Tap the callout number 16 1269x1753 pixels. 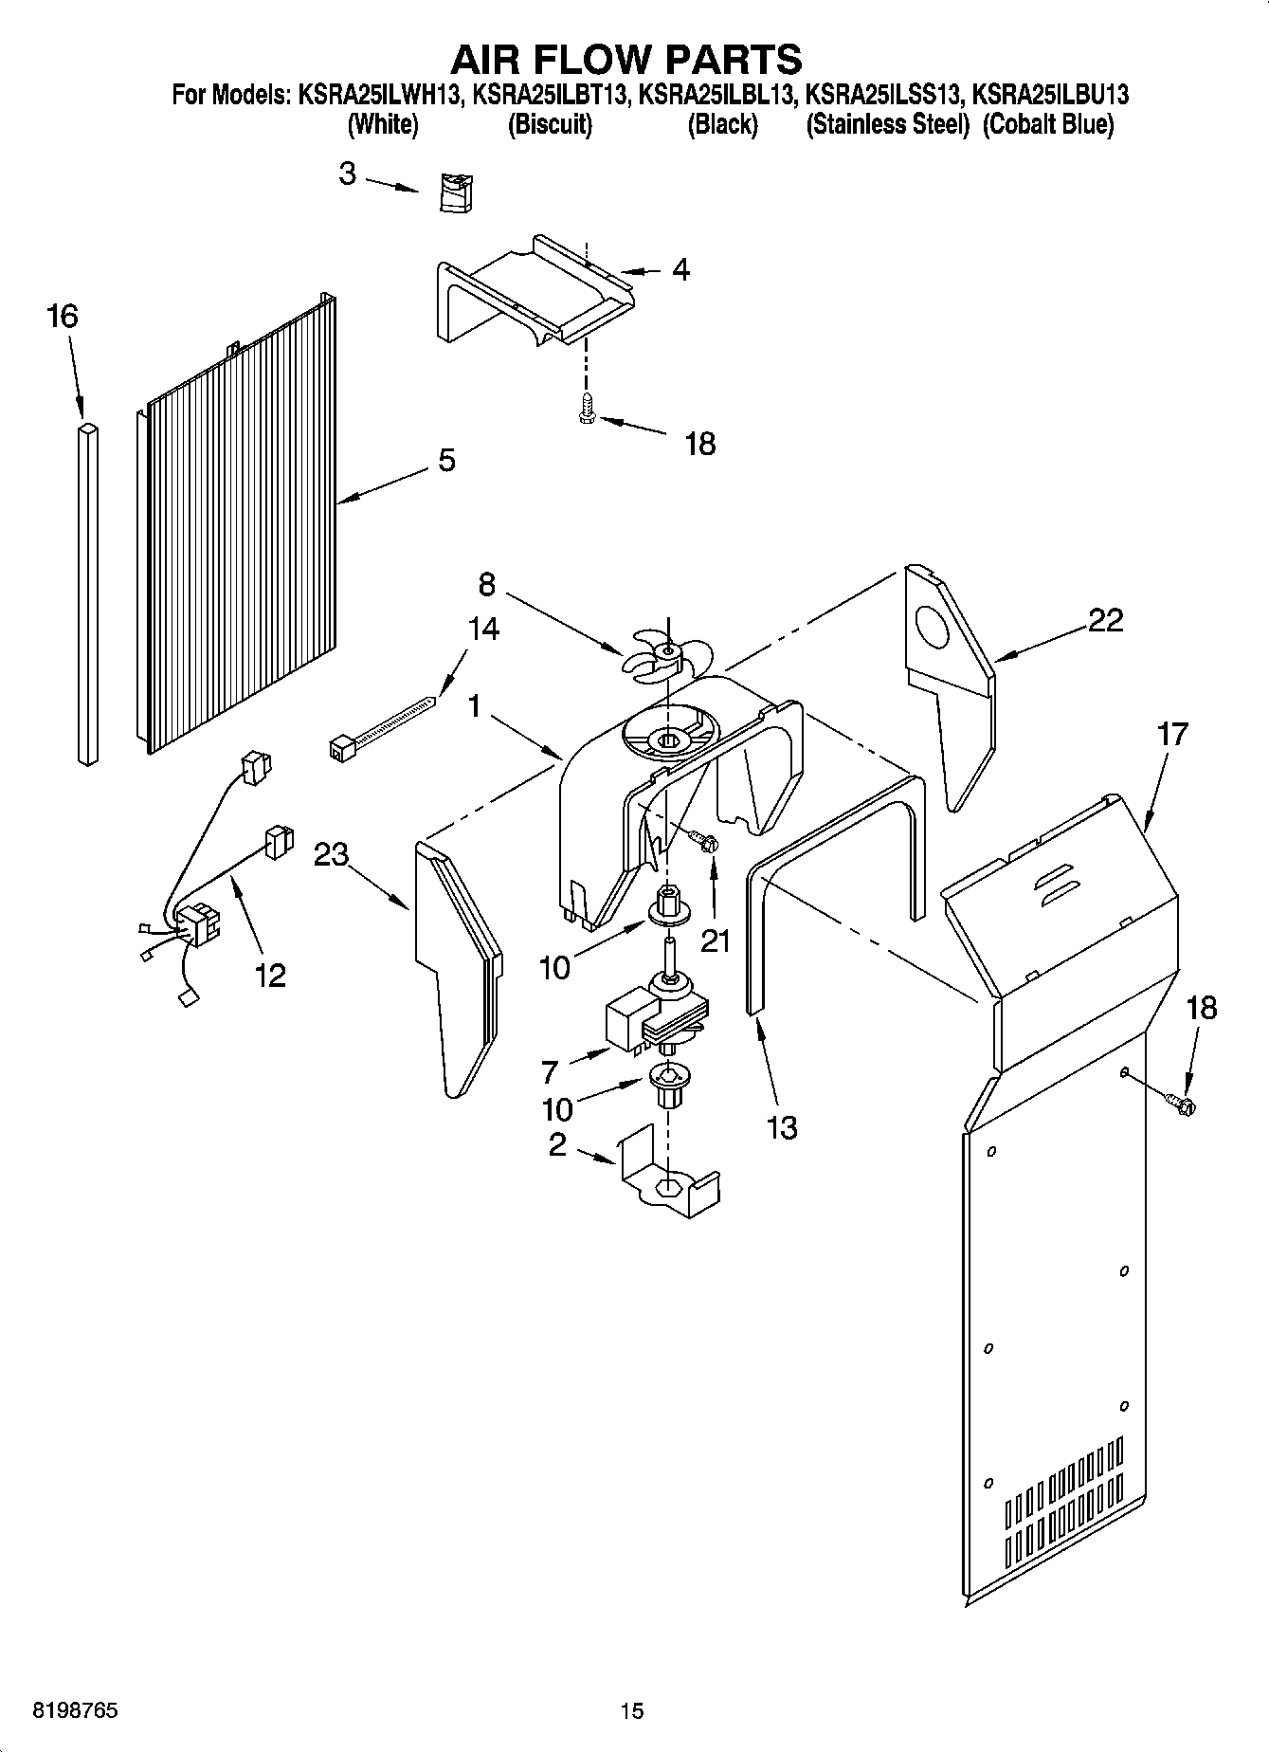(x=63, y=317)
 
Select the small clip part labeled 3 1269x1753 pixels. (x=457, y=193)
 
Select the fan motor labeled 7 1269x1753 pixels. (x=654, y=1020)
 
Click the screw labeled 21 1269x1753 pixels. (x=703, y=840)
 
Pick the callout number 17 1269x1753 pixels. (x=1173, y=735)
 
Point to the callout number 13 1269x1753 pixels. (x=782, y=1128)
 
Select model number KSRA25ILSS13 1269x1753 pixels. (x=884, y=95)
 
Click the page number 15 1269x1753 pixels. (x=632, y=1711)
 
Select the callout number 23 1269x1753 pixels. (x=332, y=854)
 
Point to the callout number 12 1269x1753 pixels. (x=270, y=975)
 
